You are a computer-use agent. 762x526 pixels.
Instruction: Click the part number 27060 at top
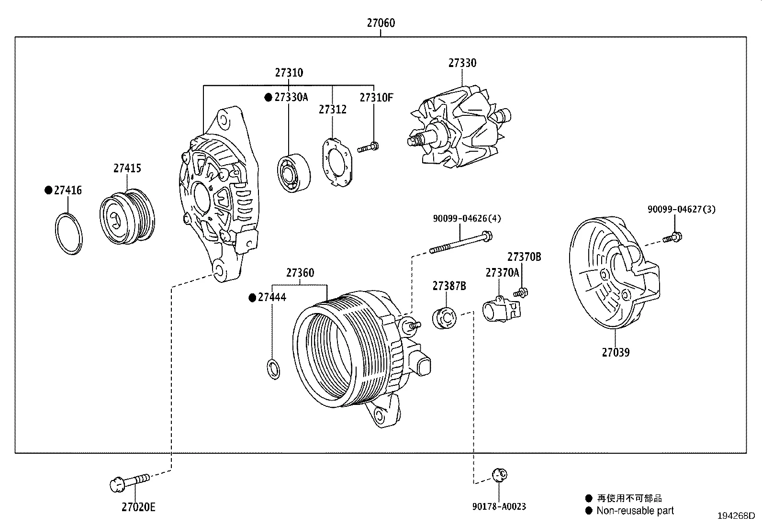point(381,22)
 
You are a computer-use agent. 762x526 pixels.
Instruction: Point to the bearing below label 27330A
point(293,173)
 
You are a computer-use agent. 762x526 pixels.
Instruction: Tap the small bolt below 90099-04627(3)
point(673,237)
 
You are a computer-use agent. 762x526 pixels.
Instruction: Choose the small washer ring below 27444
point(273,370)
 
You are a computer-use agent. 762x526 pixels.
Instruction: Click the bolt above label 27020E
point(129,481)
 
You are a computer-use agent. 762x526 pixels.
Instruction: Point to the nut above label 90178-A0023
point(499,474)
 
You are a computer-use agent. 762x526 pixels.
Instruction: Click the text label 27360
point(300,273)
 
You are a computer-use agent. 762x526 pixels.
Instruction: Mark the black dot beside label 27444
point(252,298)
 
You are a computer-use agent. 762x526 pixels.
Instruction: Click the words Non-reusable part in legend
point(635,511)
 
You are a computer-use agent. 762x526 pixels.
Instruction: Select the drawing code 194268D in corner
point(736,516)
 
